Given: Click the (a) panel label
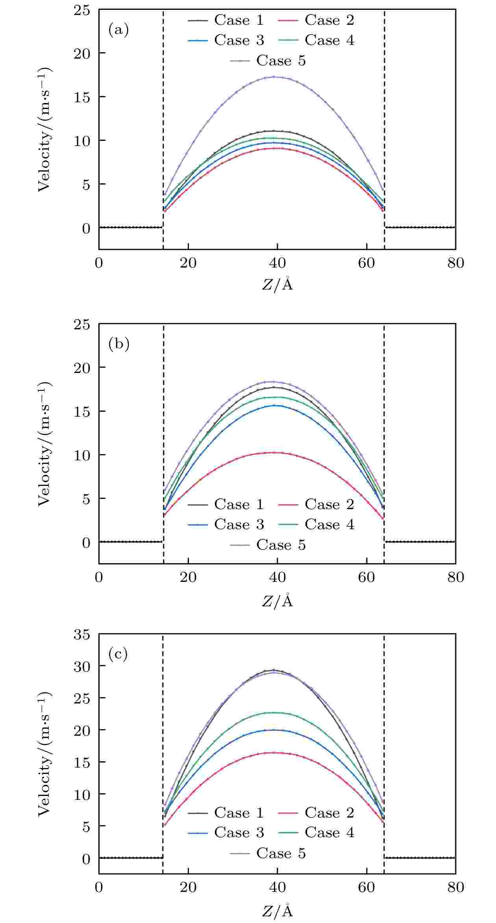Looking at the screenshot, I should pos(118,30).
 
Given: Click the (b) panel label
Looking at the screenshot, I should pos(118,344).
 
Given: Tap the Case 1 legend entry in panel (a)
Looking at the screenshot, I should pos(226,20).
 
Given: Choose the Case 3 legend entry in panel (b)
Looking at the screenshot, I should pos(226,525).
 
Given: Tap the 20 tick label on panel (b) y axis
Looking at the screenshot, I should pos(82,367).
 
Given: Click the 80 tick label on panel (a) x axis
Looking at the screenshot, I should pos(455,263).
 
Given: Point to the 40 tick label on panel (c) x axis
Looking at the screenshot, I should pos(277,887).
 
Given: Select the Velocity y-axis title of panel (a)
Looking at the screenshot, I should pos(44,130).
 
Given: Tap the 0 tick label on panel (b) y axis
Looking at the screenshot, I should pos(86,542).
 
